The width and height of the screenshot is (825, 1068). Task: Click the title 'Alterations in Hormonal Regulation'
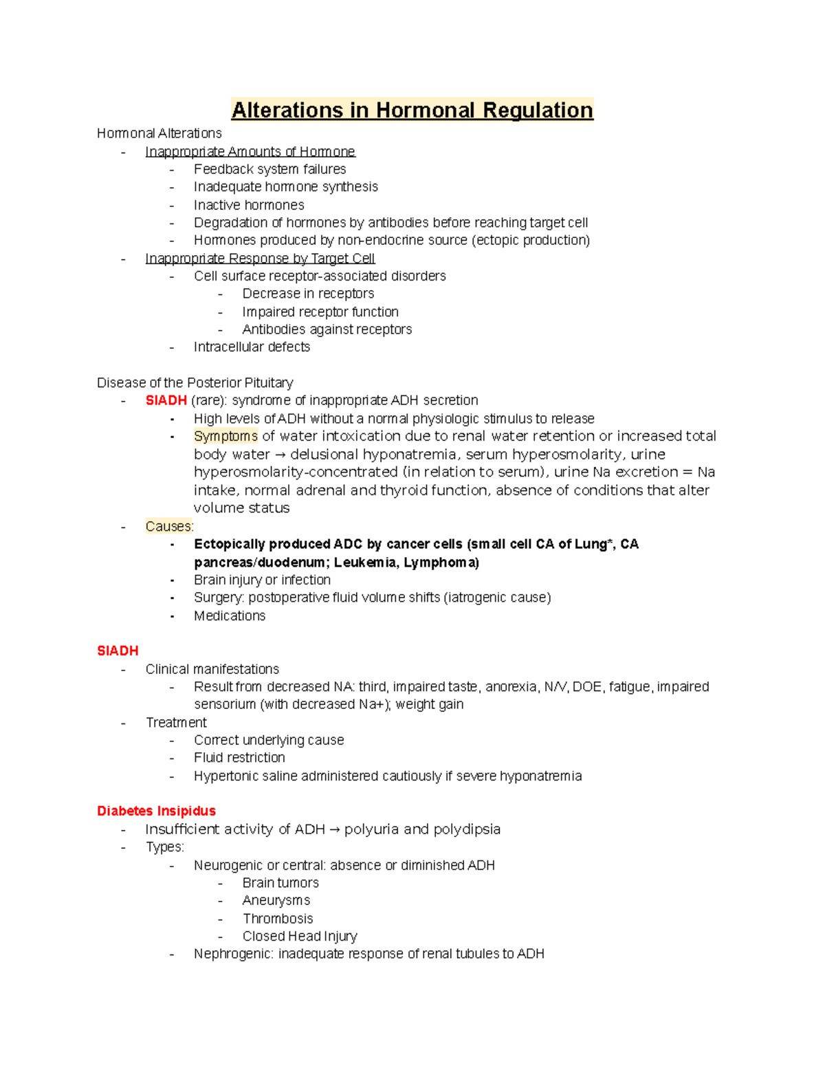click(x=412, y=110)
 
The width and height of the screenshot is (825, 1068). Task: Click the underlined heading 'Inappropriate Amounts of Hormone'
click(x=250, y=151)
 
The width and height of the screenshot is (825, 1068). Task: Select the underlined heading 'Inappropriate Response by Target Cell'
click(x=260, y=259)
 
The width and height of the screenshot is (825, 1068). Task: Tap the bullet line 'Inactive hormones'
click(x=249, y=205)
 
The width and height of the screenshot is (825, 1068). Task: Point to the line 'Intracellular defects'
click(x=252, y=347)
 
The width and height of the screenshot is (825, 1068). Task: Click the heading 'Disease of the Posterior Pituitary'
click(x=195, y=383)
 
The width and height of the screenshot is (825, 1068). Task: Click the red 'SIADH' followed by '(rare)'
click(x=166, y=400)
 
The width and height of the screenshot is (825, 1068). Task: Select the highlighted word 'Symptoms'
click(x=225, y=436)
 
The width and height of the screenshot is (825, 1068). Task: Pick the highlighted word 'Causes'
click(x=168, y=527)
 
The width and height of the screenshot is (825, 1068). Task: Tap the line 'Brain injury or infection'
click(x=262, y=580)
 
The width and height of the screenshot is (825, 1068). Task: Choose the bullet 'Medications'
click(x=230, y=615)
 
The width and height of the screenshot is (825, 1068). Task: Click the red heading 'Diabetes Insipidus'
click(x=157, y=811)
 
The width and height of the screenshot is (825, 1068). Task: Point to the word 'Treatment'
click(x=176, y=722)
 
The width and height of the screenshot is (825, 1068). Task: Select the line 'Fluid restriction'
click(x=239, y=758)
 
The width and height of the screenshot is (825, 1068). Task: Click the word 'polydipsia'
click(x=466, y=829)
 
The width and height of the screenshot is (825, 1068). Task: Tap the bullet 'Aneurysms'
click(x=276, y=900)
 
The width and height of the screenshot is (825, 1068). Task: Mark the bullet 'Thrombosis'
click(x=278, y=919)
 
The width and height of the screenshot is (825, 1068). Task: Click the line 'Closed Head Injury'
click(x=300, y=936)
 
